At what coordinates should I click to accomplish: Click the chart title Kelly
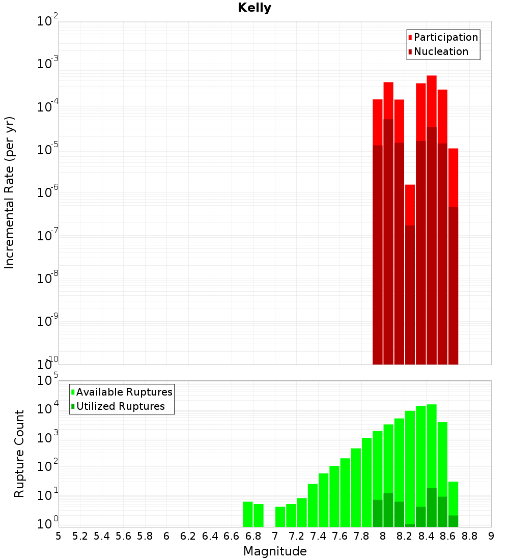[254, 8]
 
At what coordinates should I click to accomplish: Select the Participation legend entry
[445, 37]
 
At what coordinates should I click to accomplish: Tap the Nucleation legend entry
[440, 51]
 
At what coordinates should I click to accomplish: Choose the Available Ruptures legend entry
[124, 392]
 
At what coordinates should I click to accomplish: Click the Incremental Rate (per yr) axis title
[10, 193]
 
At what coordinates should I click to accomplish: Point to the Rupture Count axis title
[19, 454]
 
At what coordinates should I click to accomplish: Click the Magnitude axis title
[275, 551]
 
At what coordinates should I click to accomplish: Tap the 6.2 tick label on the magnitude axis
[188, 536]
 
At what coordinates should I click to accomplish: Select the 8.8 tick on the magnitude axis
[469, 536]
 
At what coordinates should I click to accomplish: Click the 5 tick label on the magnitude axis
[59, 536]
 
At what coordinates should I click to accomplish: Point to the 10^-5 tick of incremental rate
[46, 150]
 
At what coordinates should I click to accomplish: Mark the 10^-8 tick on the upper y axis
[46, 278]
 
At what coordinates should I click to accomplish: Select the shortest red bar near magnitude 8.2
[410, 204]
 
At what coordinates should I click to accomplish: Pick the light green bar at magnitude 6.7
[248, 514]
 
